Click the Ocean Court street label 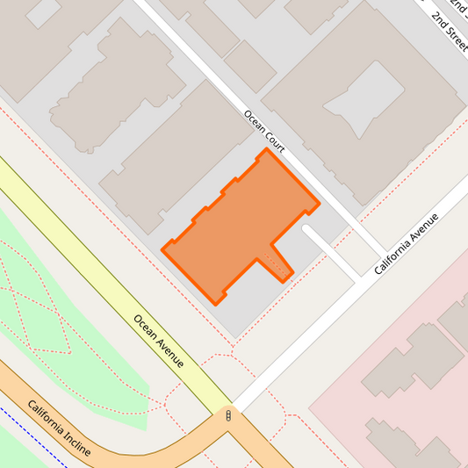coord(264,128)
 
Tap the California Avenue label coord(405,243)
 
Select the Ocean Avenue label coord(158,341)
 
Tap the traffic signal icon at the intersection coord(229,416)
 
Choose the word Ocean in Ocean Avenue coord(146,328)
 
